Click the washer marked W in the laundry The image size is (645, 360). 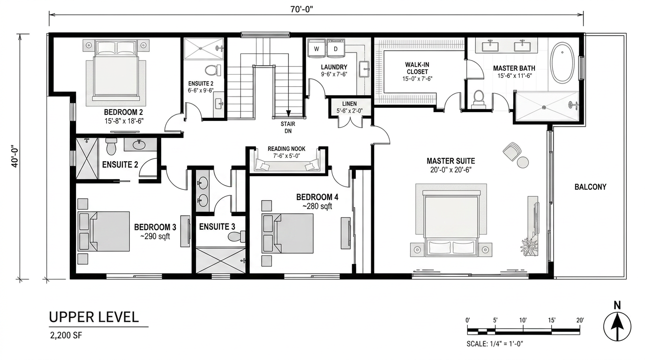317,48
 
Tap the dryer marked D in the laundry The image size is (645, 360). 336,48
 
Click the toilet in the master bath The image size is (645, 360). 479,99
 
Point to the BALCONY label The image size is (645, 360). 591,187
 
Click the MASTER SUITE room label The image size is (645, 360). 450,161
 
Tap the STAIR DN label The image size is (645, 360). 288,127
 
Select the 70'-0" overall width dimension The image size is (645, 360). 301,9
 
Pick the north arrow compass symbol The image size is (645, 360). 617,324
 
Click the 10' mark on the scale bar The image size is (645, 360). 523,320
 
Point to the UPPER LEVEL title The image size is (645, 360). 94,317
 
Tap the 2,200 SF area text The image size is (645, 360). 66,336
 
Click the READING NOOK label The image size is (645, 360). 286,149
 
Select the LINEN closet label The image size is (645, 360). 350,104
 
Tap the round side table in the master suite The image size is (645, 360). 523,162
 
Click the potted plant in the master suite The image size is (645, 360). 529,247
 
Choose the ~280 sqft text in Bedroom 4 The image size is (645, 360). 317,206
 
